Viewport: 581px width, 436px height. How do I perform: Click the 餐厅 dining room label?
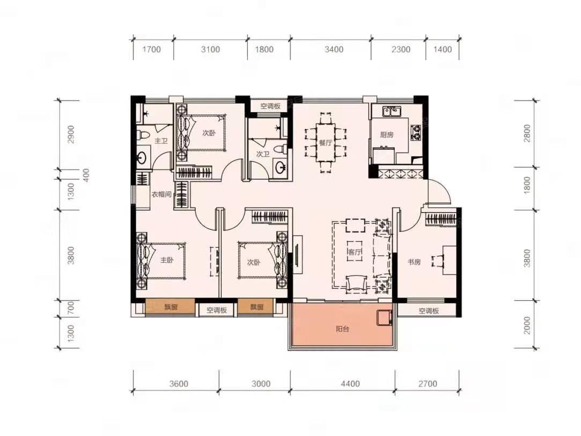coord(325,143)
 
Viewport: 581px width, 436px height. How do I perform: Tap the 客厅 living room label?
coord(354,252)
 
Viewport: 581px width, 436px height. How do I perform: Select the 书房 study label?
coord(414,261)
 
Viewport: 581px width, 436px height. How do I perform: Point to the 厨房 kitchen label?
coord(386,135)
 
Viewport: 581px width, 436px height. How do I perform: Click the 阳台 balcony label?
coord(342,329)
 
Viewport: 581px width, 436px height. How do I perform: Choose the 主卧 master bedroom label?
coord(167,260)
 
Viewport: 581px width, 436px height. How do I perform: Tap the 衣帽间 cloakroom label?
coord(161,194)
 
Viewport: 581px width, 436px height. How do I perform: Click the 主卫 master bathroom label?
coord(161,141)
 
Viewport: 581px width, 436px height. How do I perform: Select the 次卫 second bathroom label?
coord(263,154)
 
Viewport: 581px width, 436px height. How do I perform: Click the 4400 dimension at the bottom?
coord(350,384)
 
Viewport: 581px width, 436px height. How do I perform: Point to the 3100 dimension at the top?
coord(210,49)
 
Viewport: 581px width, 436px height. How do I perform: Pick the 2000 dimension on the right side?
coord(526,325)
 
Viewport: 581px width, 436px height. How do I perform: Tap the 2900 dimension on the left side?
coord(71,135)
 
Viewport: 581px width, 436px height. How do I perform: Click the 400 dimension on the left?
coord(86,175)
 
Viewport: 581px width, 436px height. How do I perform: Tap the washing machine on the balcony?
coord(385,318)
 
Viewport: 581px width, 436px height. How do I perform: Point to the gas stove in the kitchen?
coord(416,132)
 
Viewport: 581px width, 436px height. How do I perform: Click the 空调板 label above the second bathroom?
coord(270,106)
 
